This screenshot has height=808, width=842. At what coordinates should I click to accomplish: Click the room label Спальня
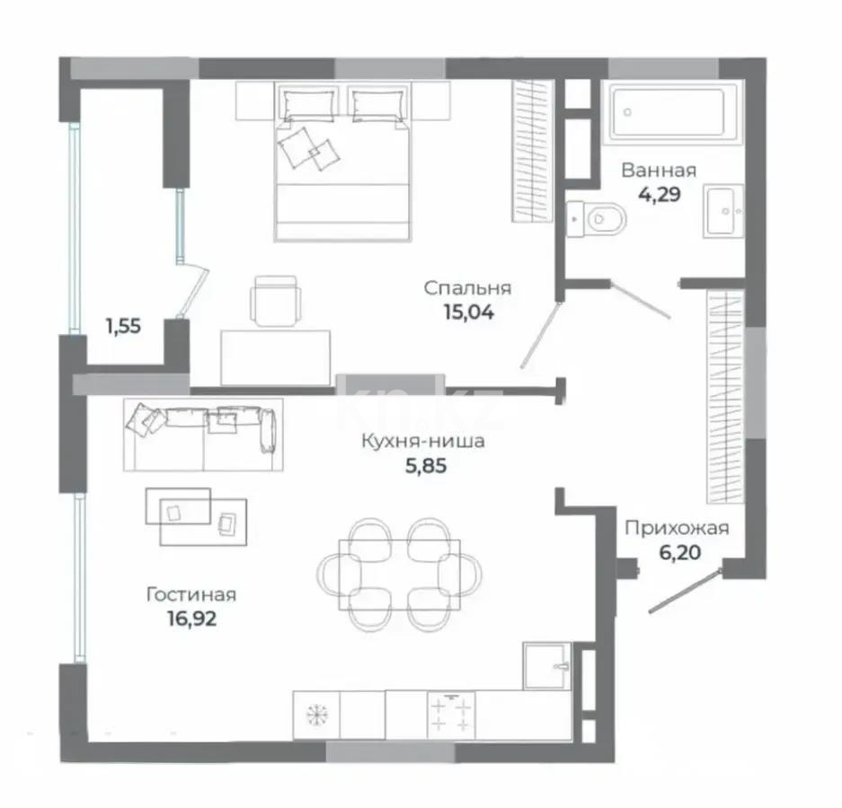(x=467, y=289)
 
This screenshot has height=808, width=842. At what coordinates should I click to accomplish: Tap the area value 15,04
(x=468, y=312)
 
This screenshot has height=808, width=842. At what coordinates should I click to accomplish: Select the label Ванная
(x=659, y=171)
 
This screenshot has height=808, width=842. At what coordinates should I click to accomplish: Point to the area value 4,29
(x=660, y=194)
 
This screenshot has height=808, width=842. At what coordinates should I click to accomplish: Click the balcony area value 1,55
(x=124, y=326)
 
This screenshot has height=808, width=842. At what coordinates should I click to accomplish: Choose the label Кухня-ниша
(x=423, y=442)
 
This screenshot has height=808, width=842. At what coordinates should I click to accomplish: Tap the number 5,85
(x=426, y=466)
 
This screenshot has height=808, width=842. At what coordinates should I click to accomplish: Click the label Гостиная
(x=191, y=595)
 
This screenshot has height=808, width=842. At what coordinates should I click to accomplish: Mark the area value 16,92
(x=191, y=619)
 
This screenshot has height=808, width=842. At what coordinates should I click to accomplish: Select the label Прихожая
(x=678, y=529)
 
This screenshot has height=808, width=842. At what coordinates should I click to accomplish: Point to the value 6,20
(x=680, y=552)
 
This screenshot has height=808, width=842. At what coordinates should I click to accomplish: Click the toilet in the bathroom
(x=597, y=218)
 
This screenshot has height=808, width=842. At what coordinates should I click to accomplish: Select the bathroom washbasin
(x=723, y=211)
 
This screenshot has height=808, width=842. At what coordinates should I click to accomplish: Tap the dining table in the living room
(x=400, y=575)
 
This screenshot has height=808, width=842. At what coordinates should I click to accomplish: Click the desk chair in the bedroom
(x=276, y=301)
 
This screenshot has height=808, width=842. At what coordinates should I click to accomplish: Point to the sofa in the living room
(x=203, y=435)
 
